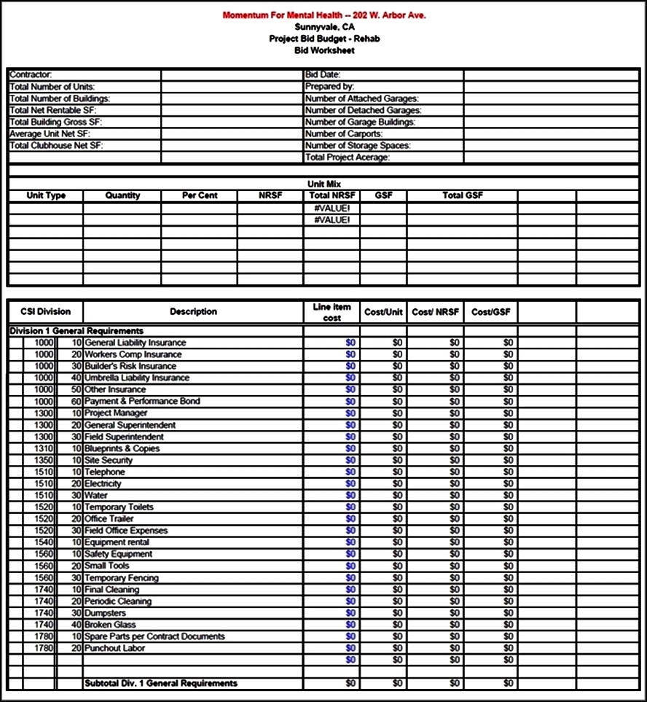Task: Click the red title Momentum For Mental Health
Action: (324, 15)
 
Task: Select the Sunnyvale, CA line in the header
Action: (324, 27)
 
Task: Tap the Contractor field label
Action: (31, 74)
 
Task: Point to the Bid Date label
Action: (323, 74)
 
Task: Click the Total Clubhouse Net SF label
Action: (56, 145)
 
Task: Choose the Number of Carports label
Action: (343, 133)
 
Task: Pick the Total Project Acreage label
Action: (348, 157)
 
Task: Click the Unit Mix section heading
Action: (324, 184)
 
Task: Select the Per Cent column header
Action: (200, 195)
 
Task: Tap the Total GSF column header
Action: (463, 195)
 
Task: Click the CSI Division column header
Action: (46, 311)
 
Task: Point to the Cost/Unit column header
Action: (383, 312)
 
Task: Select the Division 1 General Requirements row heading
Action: (77, 331)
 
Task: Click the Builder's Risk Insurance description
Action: (130, 366)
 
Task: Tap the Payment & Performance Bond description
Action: (142, 401)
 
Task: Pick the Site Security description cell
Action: (109, 460)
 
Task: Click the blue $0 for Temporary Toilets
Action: (350, 507)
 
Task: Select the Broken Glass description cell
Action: (110, 625)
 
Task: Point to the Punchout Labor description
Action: (114, 648)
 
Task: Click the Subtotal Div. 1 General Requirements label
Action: (161, 683)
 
